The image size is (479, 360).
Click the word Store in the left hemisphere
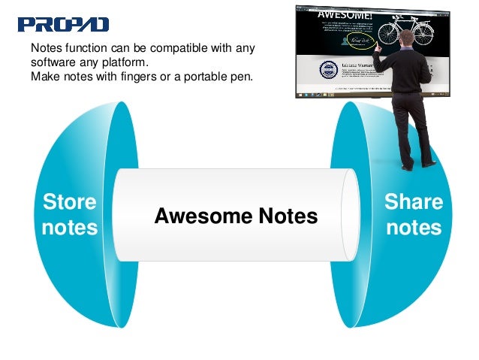(70, 202)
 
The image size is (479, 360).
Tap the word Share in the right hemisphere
(413, 202)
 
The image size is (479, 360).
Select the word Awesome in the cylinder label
(194, 217)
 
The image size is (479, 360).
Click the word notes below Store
(70, 227)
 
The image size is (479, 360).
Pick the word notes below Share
(413, 227)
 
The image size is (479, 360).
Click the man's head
(407, 38)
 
